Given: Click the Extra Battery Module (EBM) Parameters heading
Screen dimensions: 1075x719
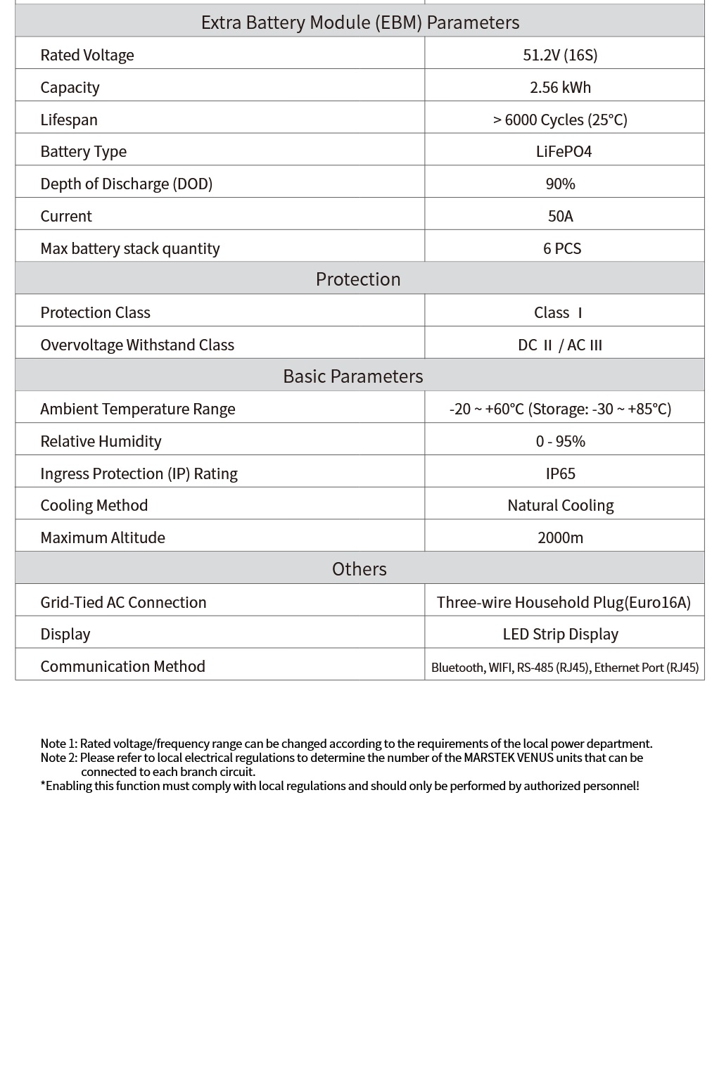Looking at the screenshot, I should (359, 23).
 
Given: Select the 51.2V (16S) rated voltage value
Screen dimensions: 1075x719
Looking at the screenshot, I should (560, 55).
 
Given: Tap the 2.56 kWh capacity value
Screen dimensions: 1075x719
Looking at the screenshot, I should (560, 87).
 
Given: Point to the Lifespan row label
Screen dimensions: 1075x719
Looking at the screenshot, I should (69, 120).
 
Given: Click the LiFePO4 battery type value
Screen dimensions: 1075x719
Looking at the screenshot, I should (564, 151).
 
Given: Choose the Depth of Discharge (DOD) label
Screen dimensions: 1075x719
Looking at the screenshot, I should (126, 184).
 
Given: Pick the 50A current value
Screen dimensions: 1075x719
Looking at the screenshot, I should (561, 216).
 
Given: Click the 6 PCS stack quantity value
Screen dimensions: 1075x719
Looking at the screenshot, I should (562, 248).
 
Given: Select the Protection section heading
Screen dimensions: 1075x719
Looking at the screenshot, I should (358, 279).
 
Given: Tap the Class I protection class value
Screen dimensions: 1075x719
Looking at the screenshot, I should (559, 312).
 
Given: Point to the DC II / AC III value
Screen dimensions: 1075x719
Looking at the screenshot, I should (560, 345).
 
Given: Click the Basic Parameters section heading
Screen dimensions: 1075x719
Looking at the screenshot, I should (352, 376).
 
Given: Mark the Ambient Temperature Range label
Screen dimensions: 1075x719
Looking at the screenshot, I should (138, 409).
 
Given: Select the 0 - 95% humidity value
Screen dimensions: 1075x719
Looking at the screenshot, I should (561, 441).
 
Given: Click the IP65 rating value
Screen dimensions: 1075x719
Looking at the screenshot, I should (561, 473).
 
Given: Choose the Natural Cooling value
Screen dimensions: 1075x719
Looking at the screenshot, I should (561, 505).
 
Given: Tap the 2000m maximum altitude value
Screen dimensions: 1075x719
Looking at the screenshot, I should (561, 537).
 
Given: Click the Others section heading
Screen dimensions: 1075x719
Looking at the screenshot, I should (359, 569).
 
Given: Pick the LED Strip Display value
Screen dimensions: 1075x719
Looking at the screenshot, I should (561, 634).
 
